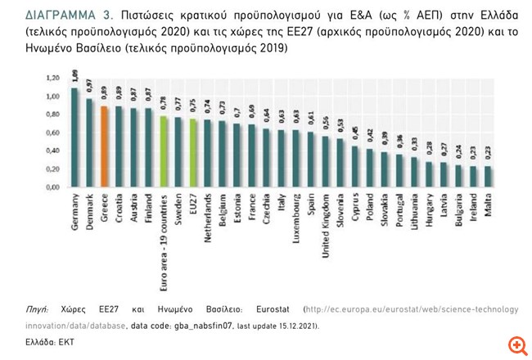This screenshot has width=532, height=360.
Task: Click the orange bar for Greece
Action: click(104, 146)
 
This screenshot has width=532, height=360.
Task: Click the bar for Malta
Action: click(488, 177)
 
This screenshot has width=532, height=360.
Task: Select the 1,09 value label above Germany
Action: click(74, 79)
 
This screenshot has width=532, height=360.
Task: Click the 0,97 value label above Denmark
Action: click(89, 88)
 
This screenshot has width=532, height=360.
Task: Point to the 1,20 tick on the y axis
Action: click(52, 79)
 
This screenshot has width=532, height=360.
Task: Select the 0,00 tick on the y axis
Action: click(52, 187)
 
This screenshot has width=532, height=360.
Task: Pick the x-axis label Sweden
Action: click(178, 209)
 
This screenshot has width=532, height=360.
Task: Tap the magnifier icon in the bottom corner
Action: click(516, 344)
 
